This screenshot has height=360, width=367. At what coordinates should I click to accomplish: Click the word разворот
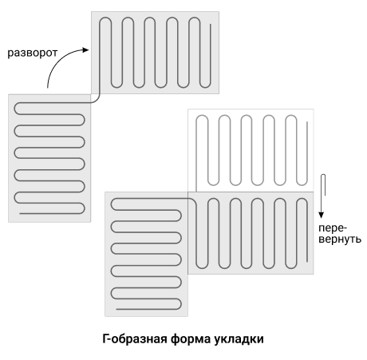pos(32,53)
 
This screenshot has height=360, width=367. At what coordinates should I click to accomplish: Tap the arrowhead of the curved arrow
pos(85,49)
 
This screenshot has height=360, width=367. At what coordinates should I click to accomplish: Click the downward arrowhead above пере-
pos(322,215)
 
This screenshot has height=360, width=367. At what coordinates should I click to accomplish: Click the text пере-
pos(333,228)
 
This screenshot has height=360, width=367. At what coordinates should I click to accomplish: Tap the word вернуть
pos(340,239)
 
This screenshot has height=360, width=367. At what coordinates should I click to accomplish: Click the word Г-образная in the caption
pos(135,339)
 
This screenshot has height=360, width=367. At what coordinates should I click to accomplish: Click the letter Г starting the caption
pos(105,339)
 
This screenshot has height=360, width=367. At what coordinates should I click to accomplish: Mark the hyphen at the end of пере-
pos(345,229)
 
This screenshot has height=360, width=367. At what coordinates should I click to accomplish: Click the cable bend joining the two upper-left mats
pos(97,100)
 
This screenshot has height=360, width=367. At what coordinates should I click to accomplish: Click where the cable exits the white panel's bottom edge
pos(196,192)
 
